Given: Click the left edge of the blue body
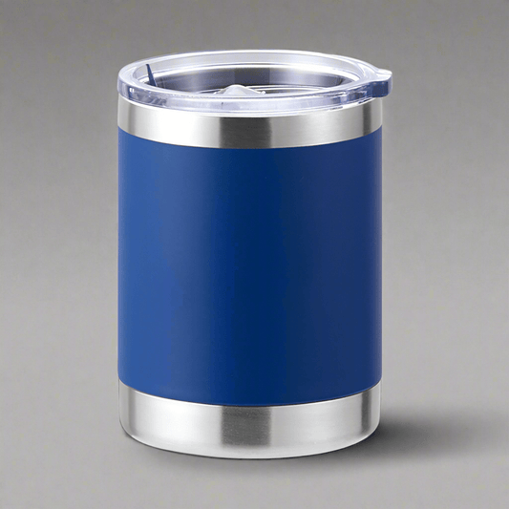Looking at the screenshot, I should [122, 267].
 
